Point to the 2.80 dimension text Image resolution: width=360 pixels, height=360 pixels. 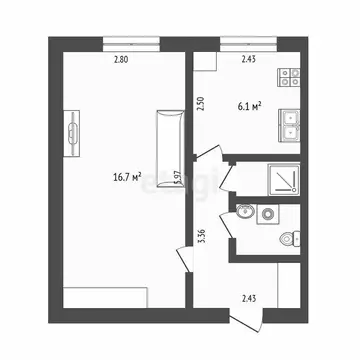(120, 61)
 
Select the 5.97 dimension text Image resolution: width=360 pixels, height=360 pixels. (176, 180)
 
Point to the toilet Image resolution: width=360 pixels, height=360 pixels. (287, 238)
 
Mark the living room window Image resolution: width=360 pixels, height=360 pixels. (130, 42)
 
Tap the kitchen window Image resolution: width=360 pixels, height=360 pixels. (247, 42)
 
